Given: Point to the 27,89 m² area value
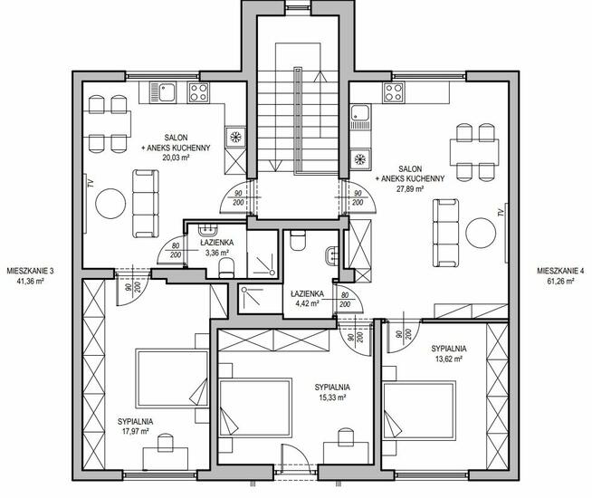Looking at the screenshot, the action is pyautogui.click(x=410, y=188).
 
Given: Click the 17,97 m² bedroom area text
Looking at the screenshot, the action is pyautogui.click(x=135, y=432).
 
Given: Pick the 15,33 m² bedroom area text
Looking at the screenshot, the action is pyautogui.click(x=332, y=397).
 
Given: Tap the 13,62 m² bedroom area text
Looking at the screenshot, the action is pyautogui.click(x=449, y=359).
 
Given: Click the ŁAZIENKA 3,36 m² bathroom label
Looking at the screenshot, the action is pyautogui.click(x=216, y=248).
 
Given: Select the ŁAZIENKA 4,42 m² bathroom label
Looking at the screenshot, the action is pyautogui.click(x=307, y=298).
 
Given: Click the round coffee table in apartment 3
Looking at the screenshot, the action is pyautogui.click(x=110, y=204).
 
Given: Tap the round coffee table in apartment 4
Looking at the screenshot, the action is pyautogui.click(x=481, y=233).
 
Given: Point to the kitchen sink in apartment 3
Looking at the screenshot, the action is pyautogui.click(x=163, y=92).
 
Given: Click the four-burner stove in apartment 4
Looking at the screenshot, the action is pyautogui.click(x=394, y=92).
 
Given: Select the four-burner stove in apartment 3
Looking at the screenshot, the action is pyautogui.click(x=198, y=92).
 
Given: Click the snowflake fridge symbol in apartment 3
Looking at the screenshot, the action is pyautogui.click(x=236, y=137).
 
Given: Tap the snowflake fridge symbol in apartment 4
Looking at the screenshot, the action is pyautogui.click(x=360, y=159).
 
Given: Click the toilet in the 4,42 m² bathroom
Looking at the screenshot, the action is pyautogui.click(x=298, y=240).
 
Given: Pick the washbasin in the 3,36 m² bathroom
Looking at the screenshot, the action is pyautogui.click(x=208, y=230).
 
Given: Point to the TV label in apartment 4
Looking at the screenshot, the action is pyautogui.click(x=501, y=212).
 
